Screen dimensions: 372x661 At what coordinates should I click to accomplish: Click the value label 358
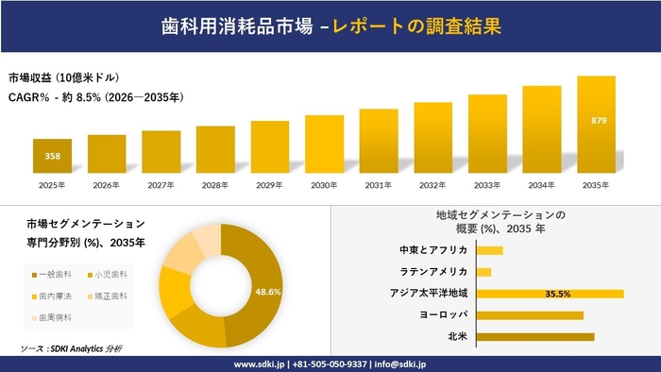coord(52,156)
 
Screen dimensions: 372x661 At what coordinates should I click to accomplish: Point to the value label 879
coord(598,122)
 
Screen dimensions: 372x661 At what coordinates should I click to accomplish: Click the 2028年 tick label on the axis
coord(215,184)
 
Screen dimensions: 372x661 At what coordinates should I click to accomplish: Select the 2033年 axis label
coord(487,184)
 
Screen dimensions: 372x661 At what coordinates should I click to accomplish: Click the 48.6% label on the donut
coord(268,292)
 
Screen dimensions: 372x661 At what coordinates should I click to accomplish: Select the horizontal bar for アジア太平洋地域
coord(550,294)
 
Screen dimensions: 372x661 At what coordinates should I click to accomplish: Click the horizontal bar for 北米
coord(535,336)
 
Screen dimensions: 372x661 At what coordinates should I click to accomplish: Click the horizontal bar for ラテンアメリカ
coord(483,272)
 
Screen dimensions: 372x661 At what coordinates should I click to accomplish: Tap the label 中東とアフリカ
coord(435,250)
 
